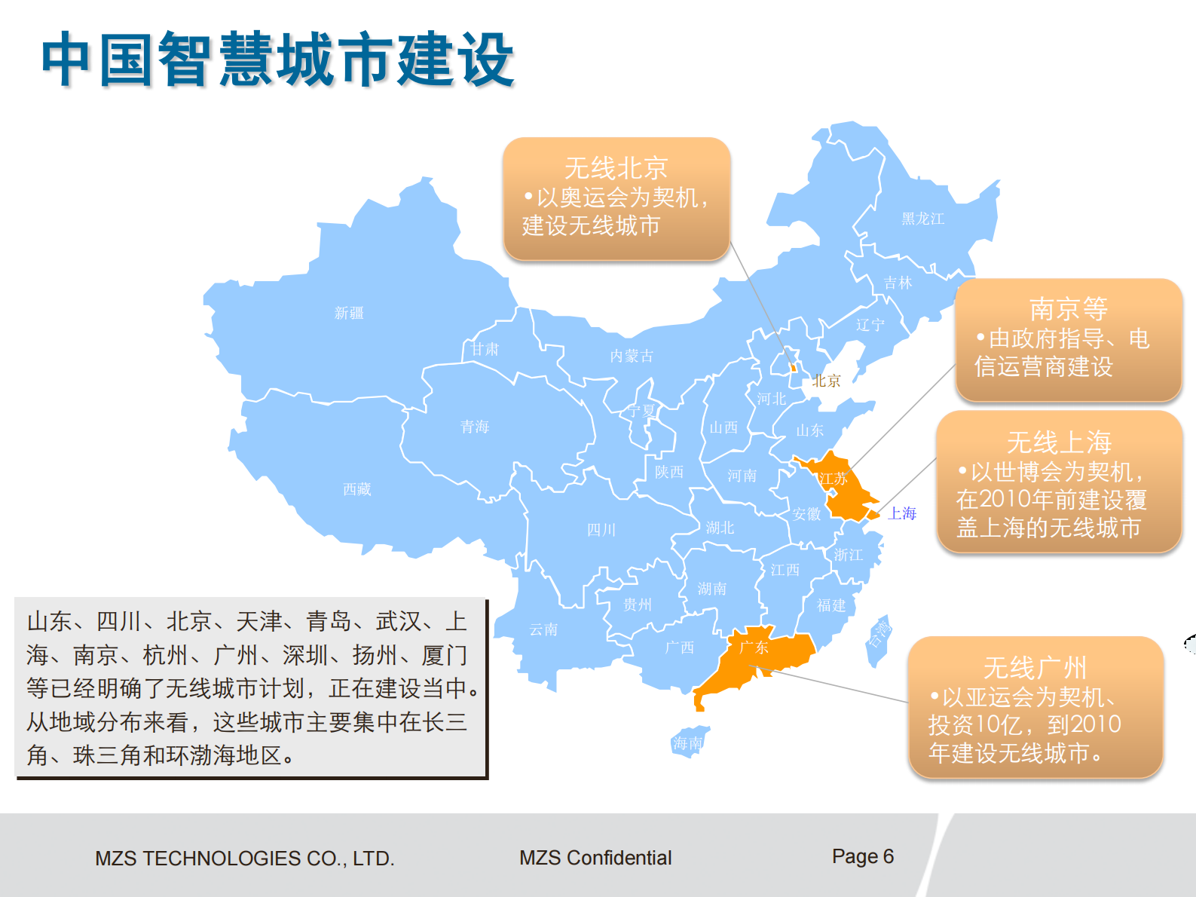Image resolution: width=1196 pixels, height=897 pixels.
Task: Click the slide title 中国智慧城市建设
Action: click(x=277, y=59)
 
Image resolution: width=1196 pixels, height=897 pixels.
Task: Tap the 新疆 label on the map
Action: click(x=349, y=313)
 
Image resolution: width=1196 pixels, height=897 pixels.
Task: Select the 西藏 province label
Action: click(x=357, y=489)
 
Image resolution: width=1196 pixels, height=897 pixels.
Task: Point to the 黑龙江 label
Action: click(x=923, y=219)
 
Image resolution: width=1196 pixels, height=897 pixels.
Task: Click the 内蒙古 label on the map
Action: click(x=632, y=356)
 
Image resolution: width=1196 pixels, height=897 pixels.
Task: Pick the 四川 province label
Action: click(x=601, y=530)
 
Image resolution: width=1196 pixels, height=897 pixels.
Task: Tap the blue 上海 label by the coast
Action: click(x=902, y=513)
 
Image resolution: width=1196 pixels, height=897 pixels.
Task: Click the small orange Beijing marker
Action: click(x=793, y=368)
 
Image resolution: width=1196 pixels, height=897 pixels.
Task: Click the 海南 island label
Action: click(x=687, y=743)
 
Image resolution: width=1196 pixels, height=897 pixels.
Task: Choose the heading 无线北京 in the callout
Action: click(x=616, y=167)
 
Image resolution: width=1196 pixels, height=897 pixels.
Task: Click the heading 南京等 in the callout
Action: click(x=1068, y=308)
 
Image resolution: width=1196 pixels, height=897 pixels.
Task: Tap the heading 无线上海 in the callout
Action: click(x=1059, y=442)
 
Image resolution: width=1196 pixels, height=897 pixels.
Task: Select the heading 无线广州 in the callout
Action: click(x=1035, y=667)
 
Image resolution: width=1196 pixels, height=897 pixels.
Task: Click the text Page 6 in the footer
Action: click(x=862, y=856)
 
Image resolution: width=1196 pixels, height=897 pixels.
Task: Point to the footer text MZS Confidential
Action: click(x=595, y=858)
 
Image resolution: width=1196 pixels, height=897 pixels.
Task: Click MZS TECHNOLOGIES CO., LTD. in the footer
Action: click(x=245, y=859)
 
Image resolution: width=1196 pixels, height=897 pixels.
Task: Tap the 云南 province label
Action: click(x=543, y=629)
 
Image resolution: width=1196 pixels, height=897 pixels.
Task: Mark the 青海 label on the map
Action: click(x=475, y=427)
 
